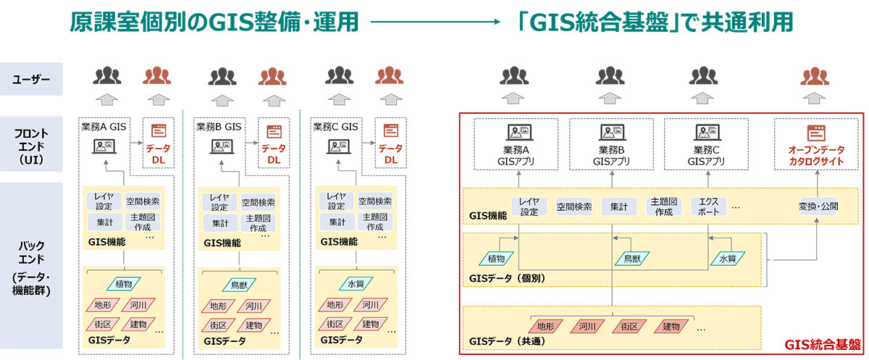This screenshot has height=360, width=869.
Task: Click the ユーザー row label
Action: coord(31,79)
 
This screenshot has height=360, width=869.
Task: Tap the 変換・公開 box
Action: coord(818,206)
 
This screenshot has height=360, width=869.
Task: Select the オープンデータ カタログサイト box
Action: coord(817,143)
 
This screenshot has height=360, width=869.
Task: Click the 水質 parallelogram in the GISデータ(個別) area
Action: coord(726,257)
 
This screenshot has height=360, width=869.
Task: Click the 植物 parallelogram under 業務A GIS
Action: coord(122,285)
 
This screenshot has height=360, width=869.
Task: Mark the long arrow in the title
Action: coord(434,24)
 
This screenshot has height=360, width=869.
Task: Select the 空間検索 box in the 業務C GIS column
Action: coord(374,201)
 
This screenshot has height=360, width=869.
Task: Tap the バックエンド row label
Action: coord(31,269)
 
